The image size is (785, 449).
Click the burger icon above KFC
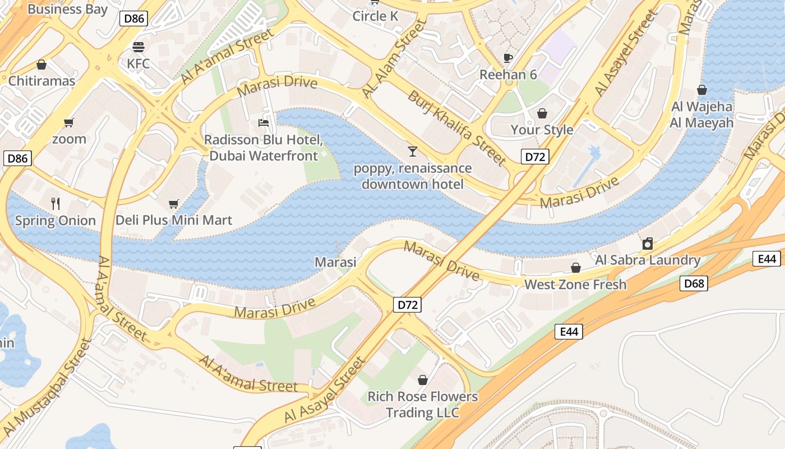pos(138,46)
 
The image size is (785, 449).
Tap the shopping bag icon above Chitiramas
pos(41,65)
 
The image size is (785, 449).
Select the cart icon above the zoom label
pos(69,122)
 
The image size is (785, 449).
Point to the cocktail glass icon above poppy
pos(413,151)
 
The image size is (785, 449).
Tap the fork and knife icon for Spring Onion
pos(55,203)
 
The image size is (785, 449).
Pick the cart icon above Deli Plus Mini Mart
pos(173,204)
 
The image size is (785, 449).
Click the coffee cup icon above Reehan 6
pos(508,58)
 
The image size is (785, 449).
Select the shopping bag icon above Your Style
pos(542,113)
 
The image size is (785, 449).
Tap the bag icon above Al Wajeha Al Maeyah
pos(701,90)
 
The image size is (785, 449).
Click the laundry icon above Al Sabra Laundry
pos(648,243)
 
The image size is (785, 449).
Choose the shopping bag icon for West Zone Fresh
pos(575,268)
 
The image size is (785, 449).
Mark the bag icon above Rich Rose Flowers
pos(423,380)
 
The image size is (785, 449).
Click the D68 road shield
pos(694,283)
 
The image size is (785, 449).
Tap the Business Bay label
pos(67,9)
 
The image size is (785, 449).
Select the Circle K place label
pos(375,16)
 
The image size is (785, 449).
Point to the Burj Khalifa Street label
pos(456,128)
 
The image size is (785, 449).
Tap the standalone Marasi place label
pos(335,262)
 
